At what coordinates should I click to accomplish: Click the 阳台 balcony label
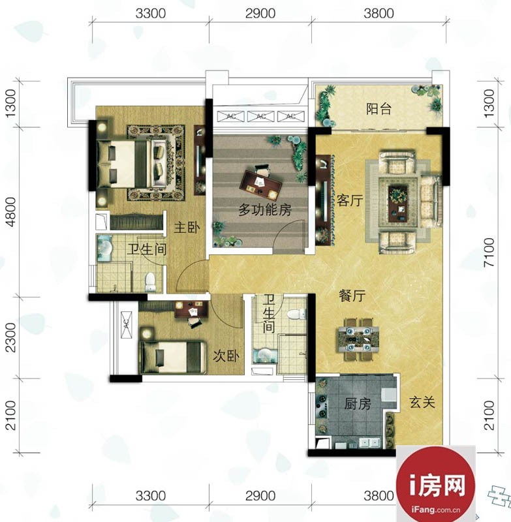[x=379, y=109]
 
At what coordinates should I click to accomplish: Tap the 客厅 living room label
[x=350, y=200]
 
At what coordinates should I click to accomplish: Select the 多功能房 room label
[x=265, y=210]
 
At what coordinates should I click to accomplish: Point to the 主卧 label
[x=187, y=228]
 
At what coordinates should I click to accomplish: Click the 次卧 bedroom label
[x=226, y=356]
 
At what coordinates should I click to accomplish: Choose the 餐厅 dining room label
[x=352, y=296]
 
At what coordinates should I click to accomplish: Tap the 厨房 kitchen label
[x=358, y=404]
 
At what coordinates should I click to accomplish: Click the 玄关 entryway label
[x=422, y=403]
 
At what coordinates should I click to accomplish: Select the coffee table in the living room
[x=398, y=202]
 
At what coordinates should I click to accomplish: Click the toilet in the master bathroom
[x=150, y=282]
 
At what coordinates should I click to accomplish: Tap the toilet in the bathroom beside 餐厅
[x=296, y=314]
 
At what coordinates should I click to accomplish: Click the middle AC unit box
[x=261, y=116]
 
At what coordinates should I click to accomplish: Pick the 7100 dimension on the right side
[x=489, y=252]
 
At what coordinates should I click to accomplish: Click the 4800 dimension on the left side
[x=11, y=212]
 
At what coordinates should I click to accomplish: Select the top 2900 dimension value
[x=260, y=13]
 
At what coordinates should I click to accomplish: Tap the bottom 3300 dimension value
[x=151, y=496]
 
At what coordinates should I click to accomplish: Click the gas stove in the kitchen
[x=322, y=406]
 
